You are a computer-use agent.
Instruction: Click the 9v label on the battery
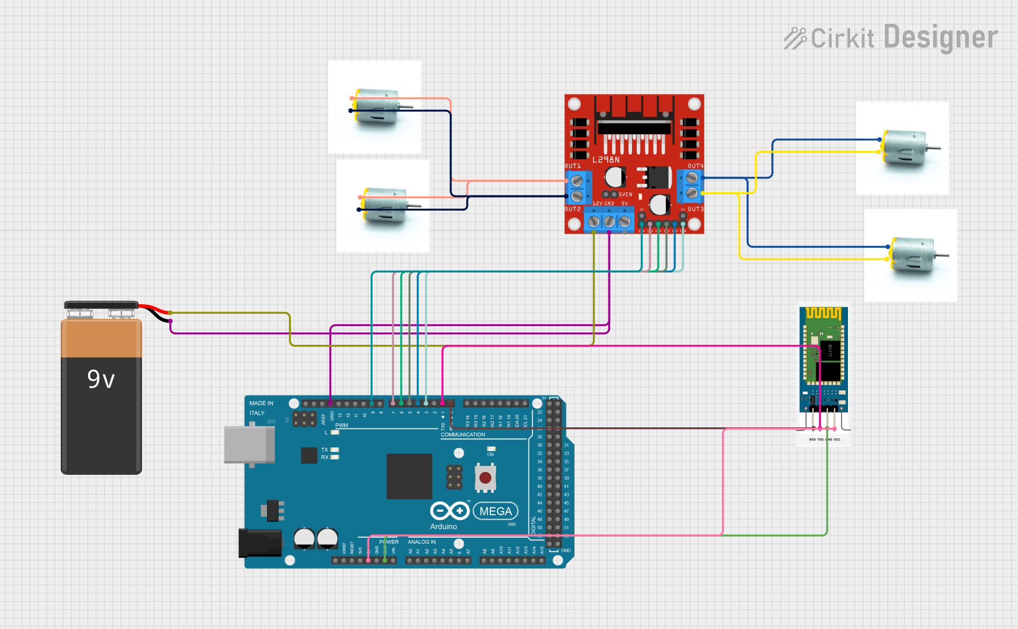pos(101,379)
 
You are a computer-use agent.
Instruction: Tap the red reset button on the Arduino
pos(485,478)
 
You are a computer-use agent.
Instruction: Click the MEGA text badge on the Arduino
pos(496,511)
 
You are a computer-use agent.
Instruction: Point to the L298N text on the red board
pos(606,159)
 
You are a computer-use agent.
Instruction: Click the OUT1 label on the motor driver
pos(572,166)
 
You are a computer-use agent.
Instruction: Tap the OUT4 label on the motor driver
pos(695,166)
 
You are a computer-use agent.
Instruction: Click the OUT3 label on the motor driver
pos(695,209)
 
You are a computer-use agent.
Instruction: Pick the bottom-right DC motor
pos(913,255)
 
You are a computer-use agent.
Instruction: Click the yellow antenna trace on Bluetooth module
pos(823,313)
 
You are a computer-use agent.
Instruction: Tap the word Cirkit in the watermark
pos(842,39)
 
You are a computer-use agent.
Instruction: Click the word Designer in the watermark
pos(940,37)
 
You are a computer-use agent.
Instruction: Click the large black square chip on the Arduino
pos(409,476)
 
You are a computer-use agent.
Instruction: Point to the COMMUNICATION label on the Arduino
pos(463,435)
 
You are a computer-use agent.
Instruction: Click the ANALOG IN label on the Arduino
pos(421,542)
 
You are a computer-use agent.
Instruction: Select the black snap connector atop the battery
pos(101,305)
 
